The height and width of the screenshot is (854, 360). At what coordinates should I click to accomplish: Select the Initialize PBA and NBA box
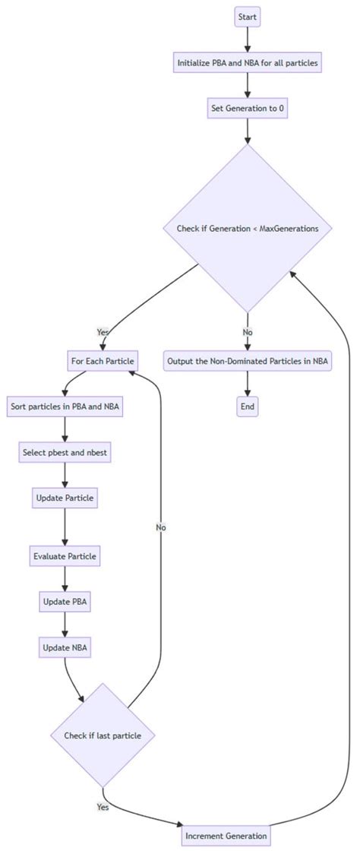[248, 63]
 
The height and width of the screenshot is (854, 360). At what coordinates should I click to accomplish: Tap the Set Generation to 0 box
[248, 108]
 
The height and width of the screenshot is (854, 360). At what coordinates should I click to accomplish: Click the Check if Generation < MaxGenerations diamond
[248, 227]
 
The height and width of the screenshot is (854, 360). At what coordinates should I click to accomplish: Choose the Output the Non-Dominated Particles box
[248, 361]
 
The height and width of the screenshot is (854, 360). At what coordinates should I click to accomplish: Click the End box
[248, 406]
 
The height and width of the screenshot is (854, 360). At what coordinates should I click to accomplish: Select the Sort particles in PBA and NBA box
[65, 406]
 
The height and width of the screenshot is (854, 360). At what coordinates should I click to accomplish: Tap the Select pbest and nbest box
[65, 452]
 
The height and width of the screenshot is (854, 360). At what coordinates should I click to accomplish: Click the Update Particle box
[65, 498]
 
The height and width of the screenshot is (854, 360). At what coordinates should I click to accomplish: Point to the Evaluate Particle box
[65, 556]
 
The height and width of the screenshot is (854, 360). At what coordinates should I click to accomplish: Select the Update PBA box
[65, 602]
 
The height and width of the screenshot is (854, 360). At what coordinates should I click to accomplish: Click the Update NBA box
[65, 647]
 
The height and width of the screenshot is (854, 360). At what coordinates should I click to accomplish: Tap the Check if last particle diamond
[103, 735]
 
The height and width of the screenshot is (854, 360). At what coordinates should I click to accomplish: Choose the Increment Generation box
[226, 836]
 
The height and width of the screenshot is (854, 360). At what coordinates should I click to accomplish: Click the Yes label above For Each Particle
[103, 332]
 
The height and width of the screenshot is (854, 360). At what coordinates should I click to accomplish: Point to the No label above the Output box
[248, 332]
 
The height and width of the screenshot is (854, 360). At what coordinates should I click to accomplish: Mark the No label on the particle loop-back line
[161, 527]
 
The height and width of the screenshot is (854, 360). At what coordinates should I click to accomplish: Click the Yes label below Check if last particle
[103, 807]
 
